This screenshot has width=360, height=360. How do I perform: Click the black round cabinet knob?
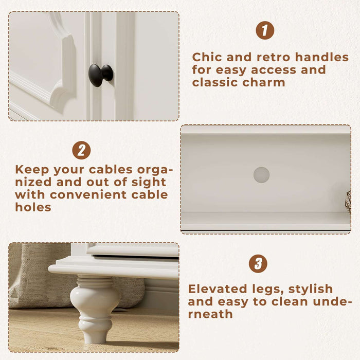click(101, 75)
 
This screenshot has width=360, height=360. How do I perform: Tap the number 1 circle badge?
click(265, 30)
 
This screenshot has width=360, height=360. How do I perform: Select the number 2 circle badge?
click(81, 150)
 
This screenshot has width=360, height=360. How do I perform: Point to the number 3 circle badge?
click(258, 263)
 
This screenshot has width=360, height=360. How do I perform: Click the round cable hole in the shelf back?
click(261, 175)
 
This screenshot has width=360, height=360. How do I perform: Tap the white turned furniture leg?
click(95, 309)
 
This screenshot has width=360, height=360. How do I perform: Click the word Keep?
click(32, 170)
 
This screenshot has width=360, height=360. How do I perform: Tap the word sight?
click(149, 182)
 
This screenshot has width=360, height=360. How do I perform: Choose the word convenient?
click(88, 195)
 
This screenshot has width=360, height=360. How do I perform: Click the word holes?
click(33, 207)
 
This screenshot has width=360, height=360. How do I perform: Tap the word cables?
click(111, 170)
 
